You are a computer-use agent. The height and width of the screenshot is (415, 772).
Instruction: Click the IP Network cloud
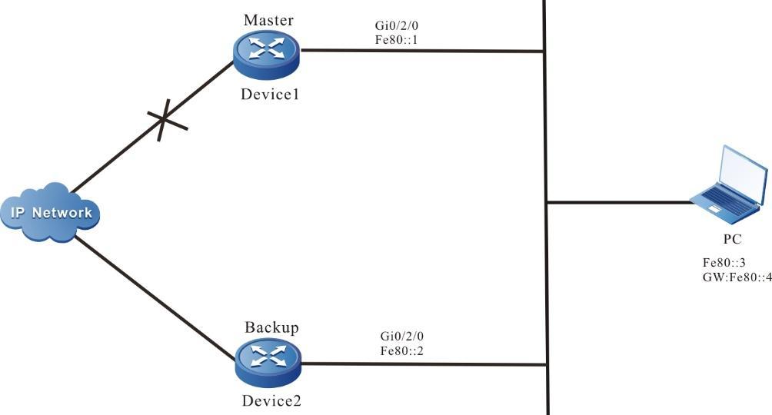[51, 212]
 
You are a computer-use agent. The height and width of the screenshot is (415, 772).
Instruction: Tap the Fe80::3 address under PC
[723, 263]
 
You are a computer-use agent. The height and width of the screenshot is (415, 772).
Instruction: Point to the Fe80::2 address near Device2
[402, 350]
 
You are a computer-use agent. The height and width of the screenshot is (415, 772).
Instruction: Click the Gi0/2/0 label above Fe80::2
[402, 336]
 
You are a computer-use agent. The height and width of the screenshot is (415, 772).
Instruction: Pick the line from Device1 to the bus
[423, 51]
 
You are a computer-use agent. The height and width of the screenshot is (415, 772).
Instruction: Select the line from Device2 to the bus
[423, 364]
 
